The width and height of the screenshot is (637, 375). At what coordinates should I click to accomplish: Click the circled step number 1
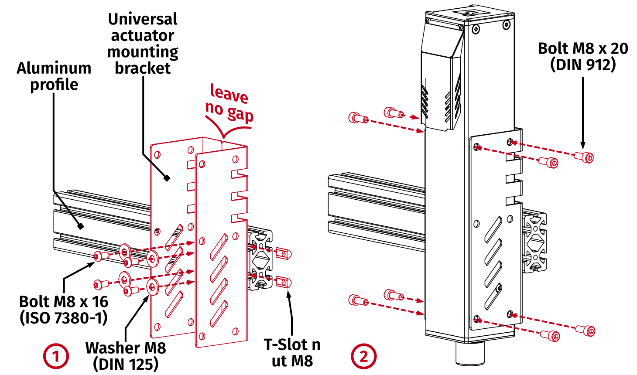pyautogui.click(x=56, y=356)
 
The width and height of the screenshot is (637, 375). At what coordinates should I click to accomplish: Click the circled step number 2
pyautogui.click(x=363, y=356)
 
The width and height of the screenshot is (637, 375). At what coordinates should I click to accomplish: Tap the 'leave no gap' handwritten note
pyautogui.click(x=229, y=103)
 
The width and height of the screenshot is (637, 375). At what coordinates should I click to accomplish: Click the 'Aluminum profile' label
pyautogui.click(x=54, y=76)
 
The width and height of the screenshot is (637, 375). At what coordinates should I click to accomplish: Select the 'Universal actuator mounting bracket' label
pyautogui.click(x=143, y=43)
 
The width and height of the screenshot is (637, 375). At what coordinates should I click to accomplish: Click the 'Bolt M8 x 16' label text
pyautogui.click(x=64, y=302)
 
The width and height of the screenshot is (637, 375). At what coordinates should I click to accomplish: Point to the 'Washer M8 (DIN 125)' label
pyautogui.click(x=126, y=356)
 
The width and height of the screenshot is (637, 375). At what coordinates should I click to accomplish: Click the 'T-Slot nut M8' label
pyautogui.click(x=292, y=353)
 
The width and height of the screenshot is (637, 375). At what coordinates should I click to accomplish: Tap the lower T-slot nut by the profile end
pyautogui.click(x=284, y=283)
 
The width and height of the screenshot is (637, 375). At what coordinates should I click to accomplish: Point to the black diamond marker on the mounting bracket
pyautogui.click(x=167, y=178)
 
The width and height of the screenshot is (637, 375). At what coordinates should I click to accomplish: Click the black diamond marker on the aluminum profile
pyautogui.click(x=80, y=226)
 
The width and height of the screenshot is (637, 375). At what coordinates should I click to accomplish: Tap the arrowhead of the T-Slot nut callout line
pyautogui.click(x=288, y=293)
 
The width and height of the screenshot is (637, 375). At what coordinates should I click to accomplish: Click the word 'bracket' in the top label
pyautogui.click(x=143, y=68)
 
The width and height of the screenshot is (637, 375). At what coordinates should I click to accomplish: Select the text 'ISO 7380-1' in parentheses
pyautogui.click(x=64, y=318)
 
